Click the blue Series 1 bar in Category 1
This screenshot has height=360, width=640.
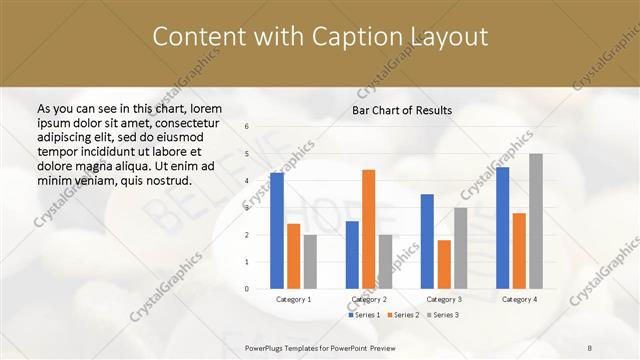(x=277, y=231)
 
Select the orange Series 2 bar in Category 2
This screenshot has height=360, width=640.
(x=368, y=229)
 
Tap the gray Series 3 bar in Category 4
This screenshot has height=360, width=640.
(x=536, y=221)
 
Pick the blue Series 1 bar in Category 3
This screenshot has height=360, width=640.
(x=427, y=241)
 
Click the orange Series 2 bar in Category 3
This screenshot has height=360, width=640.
(x=444, y=264)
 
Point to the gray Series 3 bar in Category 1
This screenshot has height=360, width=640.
(x=310, y=262)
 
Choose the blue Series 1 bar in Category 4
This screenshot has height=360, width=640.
(x=503, y=228)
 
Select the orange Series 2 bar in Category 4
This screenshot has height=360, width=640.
(x=519, y=251)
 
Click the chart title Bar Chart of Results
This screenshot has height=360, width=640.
(x=402, y=110)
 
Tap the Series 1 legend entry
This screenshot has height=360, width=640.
(x=364, y=315)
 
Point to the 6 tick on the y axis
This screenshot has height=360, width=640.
(x=247, y=127)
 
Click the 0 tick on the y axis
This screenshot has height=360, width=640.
(x=247, y=289)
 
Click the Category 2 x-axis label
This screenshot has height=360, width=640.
(x=369, y=299)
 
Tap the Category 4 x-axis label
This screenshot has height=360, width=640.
(x=519, y=299)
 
